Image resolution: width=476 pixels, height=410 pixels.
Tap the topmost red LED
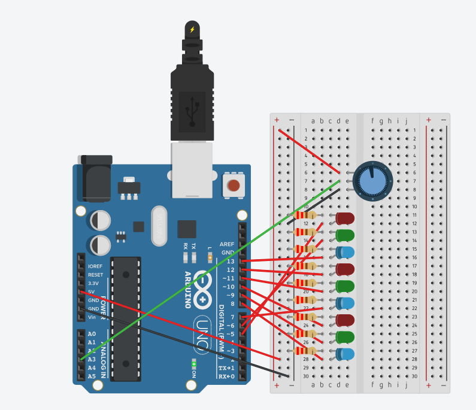point(345,218)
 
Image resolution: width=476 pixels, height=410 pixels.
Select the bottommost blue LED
point(345,354)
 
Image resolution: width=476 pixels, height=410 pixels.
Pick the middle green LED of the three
point(345,286)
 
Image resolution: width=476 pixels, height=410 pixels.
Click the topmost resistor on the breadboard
point(307,215)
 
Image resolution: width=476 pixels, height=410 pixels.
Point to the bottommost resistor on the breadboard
point(307,351)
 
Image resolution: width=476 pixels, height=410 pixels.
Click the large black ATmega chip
point(126,312)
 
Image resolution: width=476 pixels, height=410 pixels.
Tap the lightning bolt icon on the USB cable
point(192,29)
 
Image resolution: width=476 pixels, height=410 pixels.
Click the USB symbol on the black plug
point(192,111)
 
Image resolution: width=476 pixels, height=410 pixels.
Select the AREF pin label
point(228,244)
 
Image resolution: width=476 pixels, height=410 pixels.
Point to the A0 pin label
point(92,334)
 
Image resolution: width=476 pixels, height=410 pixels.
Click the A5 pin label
point(92,376)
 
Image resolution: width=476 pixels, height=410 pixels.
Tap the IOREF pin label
point(95,266)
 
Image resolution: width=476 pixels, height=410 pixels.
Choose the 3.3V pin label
point(94,283)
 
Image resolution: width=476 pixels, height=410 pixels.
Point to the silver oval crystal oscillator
point(159,226)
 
